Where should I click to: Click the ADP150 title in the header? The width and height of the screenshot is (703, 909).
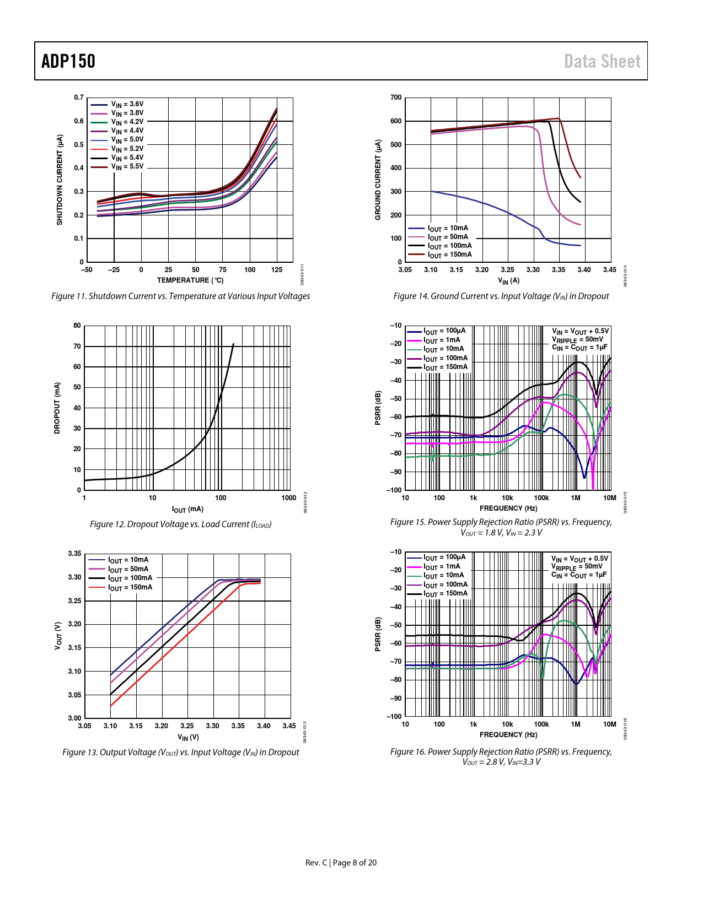[68, 61]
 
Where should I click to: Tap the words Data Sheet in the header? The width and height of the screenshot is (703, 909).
[602, 61]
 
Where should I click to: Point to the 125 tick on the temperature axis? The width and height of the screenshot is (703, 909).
[277, 270]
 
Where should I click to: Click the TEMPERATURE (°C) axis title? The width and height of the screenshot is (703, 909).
[190, 280]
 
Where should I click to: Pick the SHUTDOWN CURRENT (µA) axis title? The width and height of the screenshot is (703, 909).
[60, 180]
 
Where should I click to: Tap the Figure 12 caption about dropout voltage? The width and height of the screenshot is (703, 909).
[180, 524]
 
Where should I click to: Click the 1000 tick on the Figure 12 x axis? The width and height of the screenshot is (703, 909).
[289, 498]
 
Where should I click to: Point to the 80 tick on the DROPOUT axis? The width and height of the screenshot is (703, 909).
[77, 326]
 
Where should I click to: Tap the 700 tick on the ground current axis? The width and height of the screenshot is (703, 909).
[396, 98]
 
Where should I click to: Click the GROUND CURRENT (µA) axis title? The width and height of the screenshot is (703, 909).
[378, 180]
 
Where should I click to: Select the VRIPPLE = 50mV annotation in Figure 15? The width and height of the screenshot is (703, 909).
[577, 339]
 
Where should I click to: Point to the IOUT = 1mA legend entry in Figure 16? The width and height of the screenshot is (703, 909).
[442, 566]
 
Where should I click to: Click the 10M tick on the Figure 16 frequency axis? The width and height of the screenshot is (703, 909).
[609, 724]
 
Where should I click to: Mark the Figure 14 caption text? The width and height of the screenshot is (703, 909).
[501, 296]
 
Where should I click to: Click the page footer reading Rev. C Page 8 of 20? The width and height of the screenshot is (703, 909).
[341, 863]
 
